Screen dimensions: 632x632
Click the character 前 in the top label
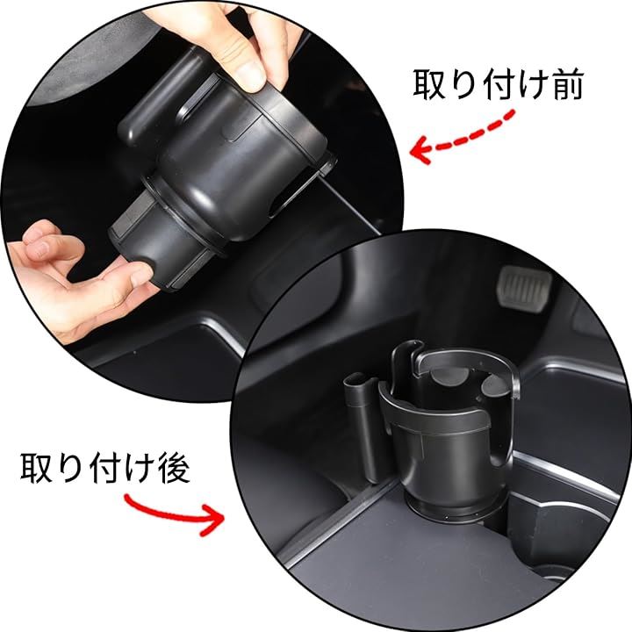[x=569, y=85]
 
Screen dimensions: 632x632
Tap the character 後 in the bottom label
[x=174, y=468]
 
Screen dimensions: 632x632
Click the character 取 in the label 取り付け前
[x=430, y=85]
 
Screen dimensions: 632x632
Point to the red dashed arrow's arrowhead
[x=421, y=149]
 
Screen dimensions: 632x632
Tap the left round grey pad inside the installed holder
[x=449, y=377]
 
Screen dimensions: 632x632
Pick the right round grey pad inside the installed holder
[x=495, y=386]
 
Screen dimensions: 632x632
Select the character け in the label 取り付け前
[x=534, y=85]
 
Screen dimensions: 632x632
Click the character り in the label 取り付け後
[x=67, y=468]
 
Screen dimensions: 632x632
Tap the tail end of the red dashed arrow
[x=512, y=114]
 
